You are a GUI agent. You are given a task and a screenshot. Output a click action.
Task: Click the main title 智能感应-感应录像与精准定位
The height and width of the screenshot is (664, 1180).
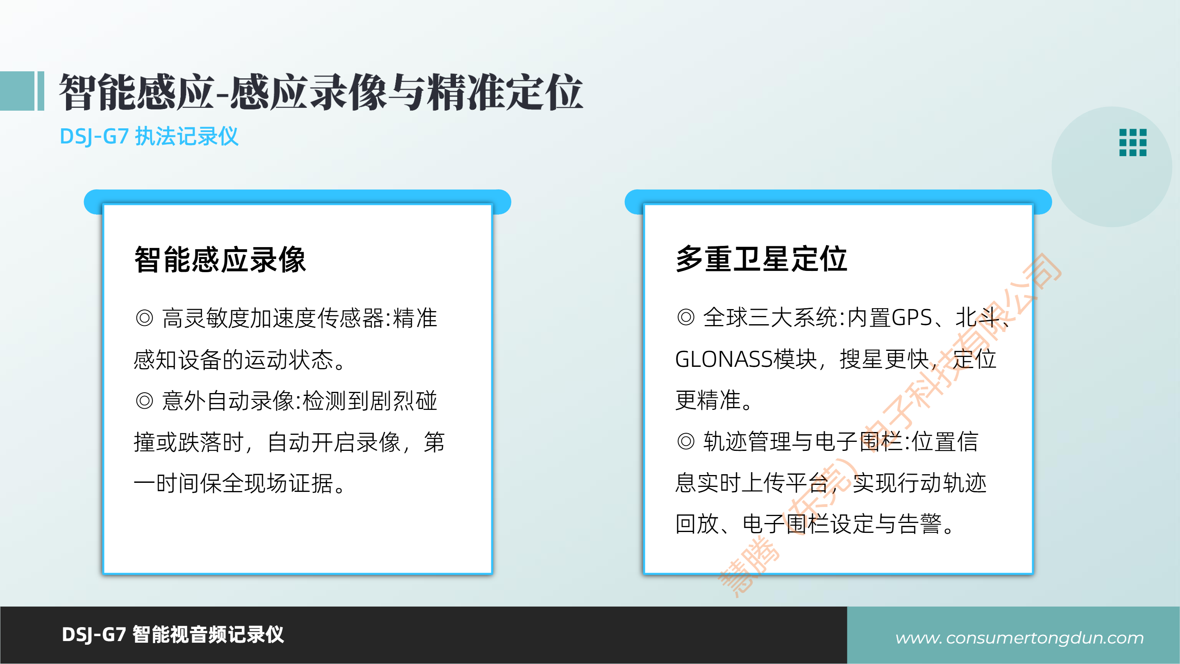tap(321, 92)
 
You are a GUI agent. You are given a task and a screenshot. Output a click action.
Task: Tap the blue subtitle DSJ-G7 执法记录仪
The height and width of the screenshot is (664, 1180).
tap(149, 136)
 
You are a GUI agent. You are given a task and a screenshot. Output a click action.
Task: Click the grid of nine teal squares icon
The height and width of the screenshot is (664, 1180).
tap(1132, 143)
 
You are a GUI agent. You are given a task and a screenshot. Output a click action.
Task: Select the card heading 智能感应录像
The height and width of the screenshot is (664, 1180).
tap(220, 259)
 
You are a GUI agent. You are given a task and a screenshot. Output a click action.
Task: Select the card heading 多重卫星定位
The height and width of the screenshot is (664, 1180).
tap(761, 259)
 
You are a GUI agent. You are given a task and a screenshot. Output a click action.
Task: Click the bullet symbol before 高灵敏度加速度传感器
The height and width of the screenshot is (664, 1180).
tap(144, 318)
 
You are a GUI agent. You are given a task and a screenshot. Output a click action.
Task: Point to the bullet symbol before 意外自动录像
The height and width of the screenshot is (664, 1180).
tap(144, 401)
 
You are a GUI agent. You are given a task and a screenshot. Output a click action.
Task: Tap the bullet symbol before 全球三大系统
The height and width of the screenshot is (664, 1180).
tap(686, 317)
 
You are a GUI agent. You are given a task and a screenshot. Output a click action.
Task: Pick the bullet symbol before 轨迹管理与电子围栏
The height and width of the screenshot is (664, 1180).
tap(686, 442)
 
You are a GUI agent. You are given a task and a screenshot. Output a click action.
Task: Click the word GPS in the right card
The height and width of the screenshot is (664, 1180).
tap(912, 318)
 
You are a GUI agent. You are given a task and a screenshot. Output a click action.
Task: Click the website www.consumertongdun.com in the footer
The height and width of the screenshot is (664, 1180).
tap(1019, 637)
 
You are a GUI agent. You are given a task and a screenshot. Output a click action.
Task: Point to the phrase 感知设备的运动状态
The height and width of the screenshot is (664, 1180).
tap(234, 360)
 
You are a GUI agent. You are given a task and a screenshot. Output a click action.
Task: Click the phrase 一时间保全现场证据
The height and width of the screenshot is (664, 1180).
tap(234, 484)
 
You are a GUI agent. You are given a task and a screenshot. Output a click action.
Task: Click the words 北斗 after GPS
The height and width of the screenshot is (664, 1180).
tap(977, 318)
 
